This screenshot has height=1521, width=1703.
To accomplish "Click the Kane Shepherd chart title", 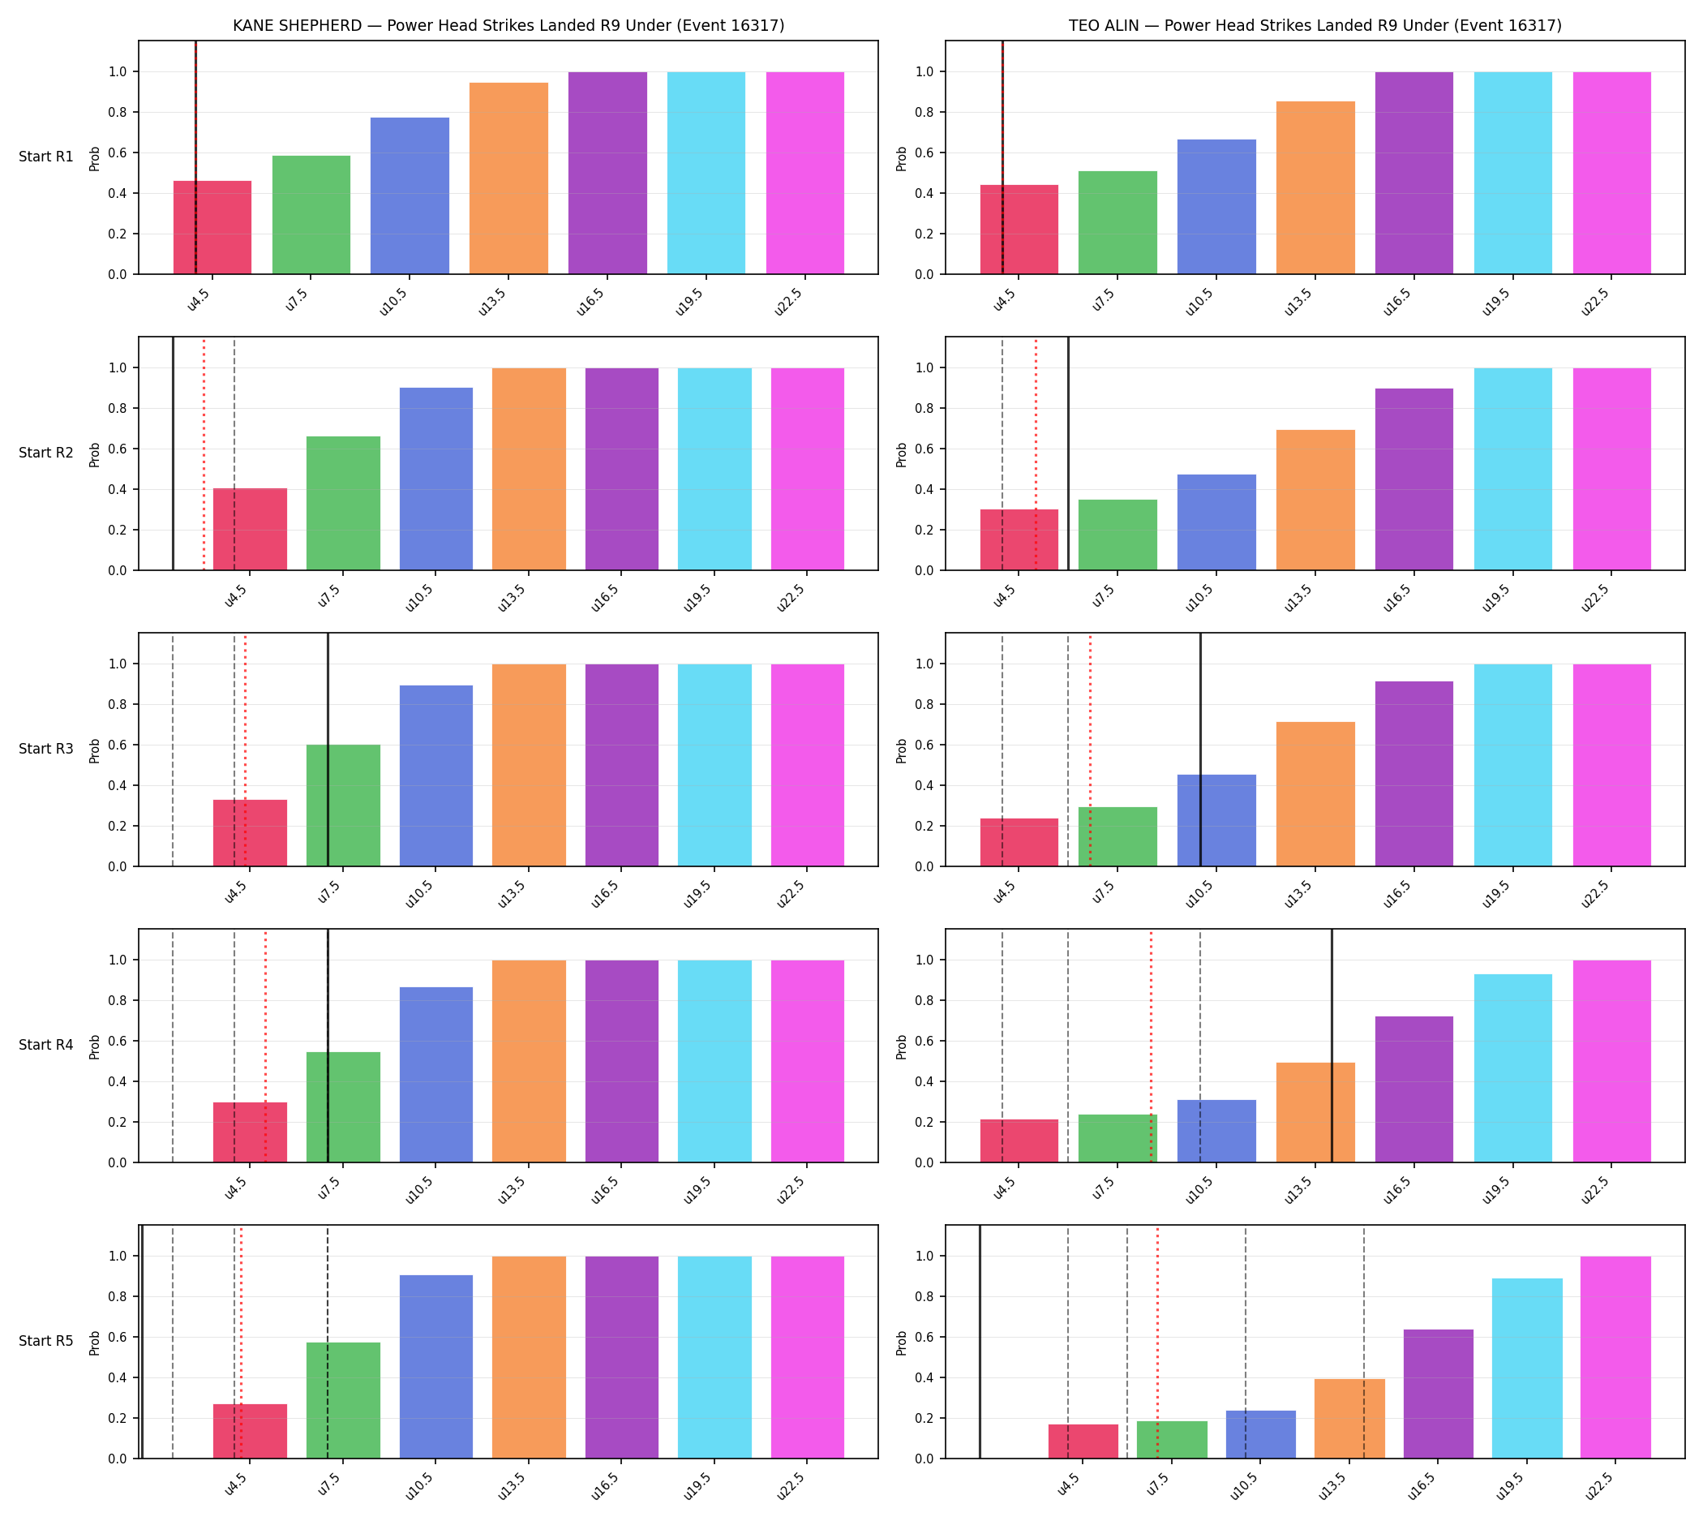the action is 508,26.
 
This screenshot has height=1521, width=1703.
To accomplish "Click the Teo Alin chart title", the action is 1315,26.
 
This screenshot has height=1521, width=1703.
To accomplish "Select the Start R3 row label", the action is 46,749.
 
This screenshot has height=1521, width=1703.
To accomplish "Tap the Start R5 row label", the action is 46,1340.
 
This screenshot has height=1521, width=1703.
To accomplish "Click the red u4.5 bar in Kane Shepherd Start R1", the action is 212,227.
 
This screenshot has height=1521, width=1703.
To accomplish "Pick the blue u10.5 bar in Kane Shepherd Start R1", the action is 410,195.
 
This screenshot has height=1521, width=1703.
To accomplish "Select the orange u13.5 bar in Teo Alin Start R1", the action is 1315,188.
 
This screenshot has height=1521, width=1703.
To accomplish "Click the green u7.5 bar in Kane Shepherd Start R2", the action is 344,503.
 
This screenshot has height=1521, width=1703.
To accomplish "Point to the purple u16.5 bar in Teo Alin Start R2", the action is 1413,479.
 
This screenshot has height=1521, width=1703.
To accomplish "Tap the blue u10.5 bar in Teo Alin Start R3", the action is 1216,821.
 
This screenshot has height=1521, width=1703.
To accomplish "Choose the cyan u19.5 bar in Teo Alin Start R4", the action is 1512,1068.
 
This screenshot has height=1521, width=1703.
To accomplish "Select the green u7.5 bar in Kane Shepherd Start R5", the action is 344,1401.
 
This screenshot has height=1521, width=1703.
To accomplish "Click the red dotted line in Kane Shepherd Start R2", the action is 204,453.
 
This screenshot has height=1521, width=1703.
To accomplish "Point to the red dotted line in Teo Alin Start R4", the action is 1151,1046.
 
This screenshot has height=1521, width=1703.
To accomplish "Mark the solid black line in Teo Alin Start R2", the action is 1068,453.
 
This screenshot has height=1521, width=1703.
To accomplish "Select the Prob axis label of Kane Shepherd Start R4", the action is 94,1046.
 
